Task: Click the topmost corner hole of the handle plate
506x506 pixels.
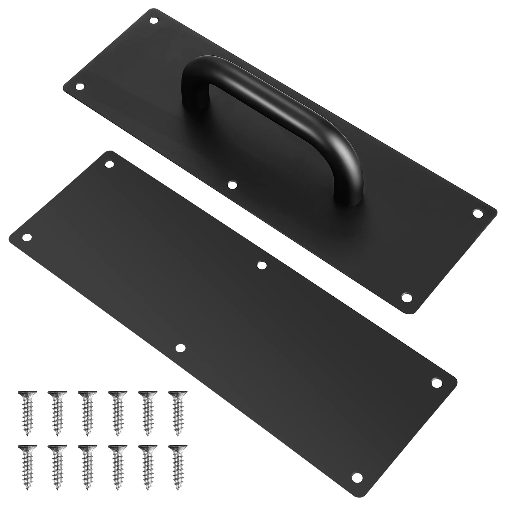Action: [154, 21]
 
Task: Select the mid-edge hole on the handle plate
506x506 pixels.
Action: [232, 185]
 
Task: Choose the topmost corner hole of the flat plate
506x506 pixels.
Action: [110, 164]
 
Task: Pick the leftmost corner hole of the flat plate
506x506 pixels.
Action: [27, 237]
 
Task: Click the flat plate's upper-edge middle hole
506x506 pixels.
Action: [261, 265]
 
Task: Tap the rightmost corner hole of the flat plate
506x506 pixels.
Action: [436, 383]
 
